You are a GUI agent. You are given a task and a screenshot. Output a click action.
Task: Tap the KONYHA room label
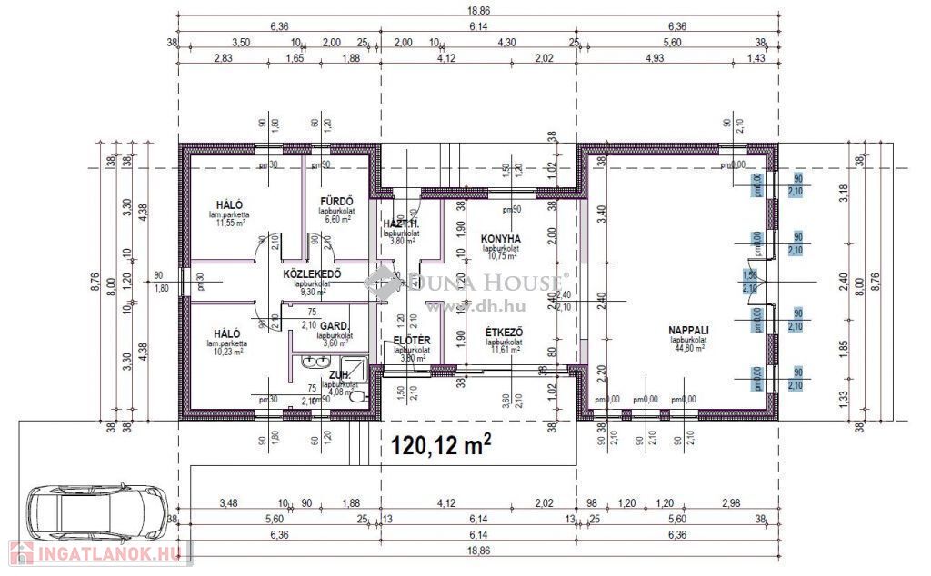500,238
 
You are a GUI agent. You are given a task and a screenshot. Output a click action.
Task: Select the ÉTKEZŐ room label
501,333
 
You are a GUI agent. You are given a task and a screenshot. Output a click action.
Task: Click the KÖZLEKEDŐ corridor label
311,273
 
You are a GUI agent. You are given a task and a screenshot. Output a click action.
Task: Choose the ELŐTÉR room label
411,341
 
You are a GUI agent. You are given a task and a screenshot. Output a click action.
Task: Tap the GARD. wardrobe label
335,324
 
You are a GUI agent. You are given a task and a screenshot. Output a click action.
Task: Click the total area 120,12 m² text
441,444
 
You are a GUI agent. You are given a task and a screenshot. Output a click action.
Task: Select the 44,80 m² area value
689,348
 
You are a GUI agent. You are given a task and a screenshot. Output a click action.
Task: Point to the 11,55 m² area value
232,223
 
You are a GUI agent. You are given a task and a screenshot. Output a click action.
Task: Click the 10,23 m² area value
228,352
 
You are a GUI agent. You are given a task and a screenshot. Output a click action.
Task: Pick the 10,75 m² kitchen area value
500,256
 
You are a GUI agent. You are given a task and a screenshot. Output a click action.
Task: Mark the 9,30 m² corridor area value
311,292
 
